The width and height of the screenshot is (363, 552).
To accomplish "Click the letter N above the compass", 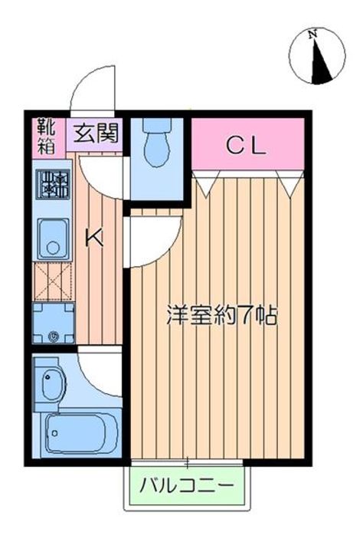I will [312, 34].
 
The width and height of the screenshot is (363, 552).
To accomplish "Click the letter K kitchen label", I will [93, 238].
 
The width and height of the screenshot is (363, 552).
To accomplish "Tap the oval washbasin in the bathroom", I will [51, 382].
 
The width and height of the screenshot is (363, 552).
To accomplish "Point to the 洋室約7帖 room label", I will [222, 317].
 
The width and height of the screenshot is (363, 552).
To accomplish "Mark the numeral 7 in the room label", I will [247, 317].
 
